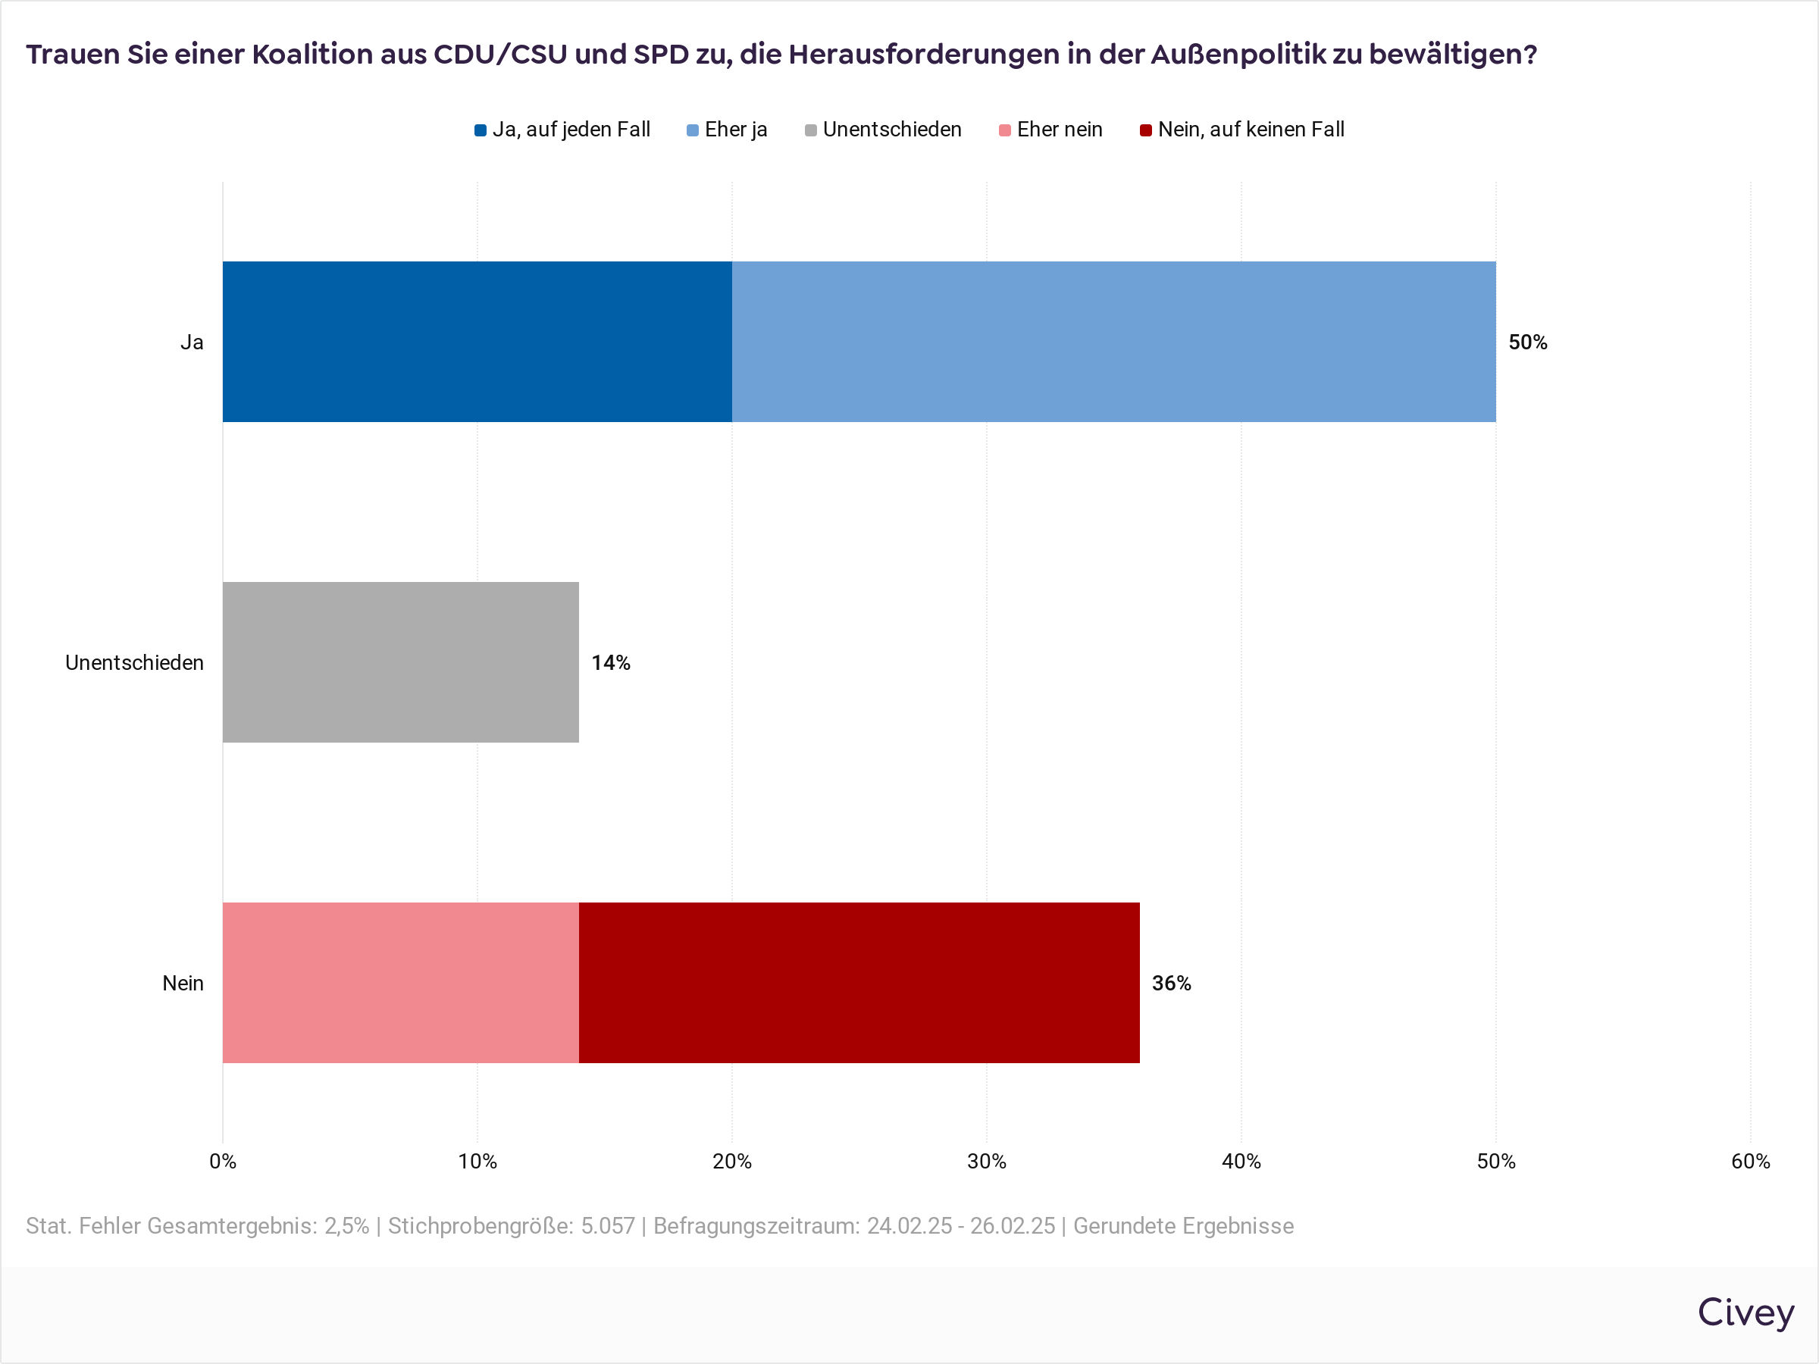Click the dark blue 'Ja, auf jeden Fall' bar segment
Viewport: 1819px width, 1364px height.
tap(477, 342)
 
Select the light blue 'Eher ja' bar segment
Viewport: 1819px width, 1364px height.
tap(1113, 342)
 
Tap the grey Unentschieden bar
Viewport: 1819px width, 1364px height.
tap(400, 663)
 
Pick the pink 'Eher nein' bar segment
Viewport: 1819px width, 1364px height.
tap(400, 983)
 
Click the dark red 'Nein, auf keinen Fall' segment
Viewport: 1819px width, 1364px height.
tap(859, 983)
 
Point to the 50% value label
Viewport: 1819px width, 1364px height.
tap(1527, 342)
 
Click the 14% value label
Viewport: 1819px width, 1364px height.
tap(610, 663)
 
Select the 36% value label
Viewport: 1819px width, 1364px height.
tap(1171, 984)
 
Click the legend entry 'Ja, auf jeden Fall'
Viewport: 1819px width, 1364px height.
tap(562, 130)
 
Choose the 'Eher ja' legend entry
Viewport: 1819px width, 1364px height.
tap(727, 130)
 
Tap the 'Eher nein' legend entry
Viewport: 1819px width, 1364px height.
tap(1050, 130)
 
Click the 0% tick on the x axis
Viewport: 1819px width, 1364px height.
tap(223, 1161)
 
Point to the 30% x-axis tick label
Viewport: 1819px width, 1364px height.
tap(986, 1161)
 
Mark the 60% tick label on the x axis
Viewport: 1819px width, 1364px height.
tap(1750, 1161)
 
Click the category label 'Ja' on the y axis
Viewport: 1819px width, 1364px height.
tap(192, 342)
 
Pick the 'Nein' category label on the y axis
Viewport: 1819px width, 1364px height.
tap(183, 984)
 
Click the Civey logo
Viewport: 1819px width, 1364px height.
tap(1745, 1312)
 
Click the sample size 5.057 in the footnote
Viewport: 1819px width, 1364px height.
tap(608, 1226)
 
